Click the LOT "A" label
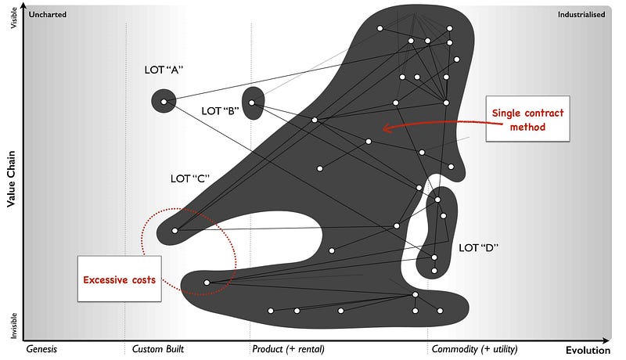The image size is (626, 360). (x=164, y=70)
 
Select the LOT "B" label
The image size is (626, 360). (x=220, y=111)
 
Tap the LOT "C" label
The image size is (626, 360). (x=191, y=178)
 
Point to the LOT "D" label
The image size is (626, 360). (x=479, y=248)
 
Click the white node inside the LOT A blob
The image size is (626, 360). (x=164, y=101)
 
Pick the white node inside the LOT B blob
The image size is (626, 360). (x=253, y=101)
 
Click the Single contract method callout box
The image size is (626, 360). (x=527, y=120)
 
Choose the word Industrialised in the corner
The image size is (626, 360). (x=581, y=14)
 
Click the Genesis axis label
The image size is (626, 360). (x=42, y=349)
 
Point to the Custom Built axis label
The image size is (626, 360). (x=158, y=349)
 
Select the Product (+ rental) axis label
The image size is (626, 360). (x=288, y=349)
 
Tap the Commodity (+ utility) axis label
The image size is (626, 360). (x=474, y=349)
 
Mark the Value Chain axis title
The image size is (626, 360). (x=12, y=178)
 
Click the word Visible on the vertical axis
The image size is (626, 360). (x=13, y=19)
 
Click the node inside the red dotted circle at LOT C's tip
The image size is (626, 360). (x=174, y=231)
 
